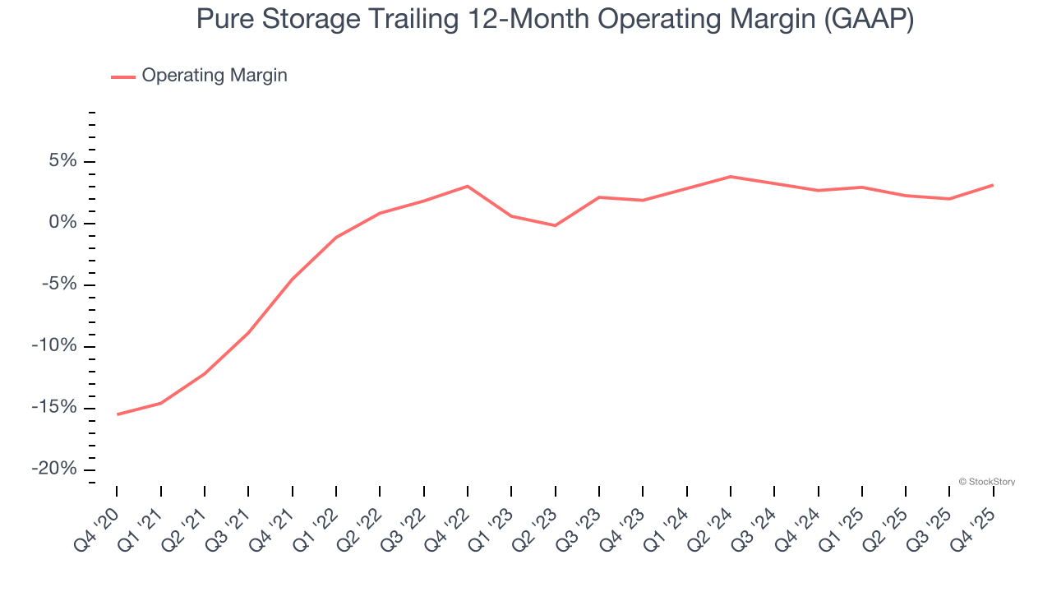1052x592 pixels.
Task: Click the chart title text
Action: click(x=555, y=20)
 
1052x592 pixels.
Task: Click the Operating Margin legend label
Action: click(x=214, y=76)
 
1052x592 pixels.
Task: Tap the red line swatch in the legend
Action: click(x=123, y=76)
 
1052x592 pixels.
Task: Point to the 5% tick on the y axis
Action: click(x=62, y=161)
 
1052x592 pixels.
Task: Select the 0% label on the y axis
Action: click(x=62, y=223)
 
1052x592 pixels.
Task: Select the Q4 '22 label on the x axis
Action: click(x=450, y=526)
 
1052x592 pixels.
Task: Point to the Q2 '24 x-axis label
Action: click(x=713, y=526)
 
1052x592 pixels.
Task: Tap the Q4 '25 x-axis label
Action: click(x=976, y=526)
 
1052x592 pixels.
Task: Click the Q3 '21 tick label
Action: click(x=230, y=526)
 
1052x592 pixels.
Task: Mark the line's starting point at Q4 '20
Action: click(x=117, y=414)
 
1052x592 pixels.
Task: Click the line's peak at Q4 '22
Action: click(x=468, y=186)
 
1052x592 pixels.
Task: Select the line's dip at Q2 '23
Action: click(x=556, y=225)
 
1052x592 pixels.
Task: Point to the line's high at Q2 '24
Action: click(x=731, y=177)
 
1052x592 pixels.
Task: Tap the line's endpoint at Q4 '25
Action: click(x=993, y=185)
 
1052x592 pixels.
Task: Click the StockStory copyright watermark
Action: click(x=986, y=482)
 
